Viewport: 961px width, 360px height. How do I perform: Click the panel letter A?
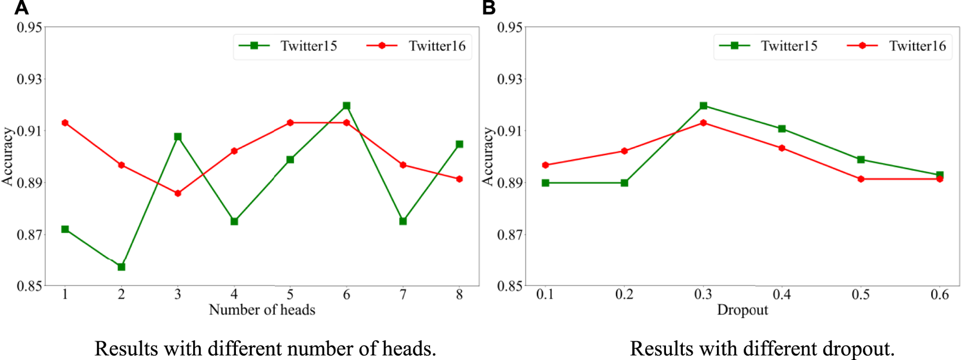[x=21, y=8]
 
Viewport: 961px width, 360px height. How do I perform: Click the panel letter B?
[x=489, y=8]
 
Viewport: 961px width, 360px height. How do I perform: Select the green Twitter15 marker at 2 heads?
[x=121, y=267]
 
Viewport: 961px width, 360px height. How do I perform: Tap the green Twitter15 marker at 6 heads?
[x=347, y=106]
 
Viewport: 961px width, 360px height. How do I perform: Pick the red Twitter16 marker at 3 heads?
[x=178, y=193]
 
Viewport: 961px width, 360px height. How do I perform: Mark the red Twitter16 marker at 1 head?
[x=65, y=123]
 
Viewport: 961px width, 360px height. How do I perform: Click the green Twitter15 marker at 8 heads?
[x=459, y=144]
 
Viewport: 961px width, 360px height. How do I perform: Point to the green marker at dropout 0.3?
[x=703, y=106]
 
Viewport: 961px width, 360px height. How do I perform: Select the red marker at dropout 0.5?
[x=861, y=179]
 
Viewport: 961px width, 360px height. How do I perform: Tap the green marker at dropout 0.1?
[x=546, y=183]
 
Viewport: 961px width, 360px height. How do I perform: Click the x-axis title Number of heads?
[x=262, y=310]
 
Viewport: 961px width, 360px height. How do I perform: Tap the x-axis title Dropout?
[x=742, y=310]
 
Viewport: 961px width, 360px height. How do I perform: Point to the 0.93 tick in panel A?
[x=29, y=79]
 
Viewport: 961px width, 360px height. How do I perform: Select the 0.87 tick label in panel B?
[x=510, y=235]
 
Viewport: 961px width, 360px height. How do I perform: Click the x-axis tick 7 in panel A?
[x=403, y=294]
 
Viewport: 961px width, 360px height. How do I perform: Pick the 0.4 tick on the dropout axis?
[x=781, y=294]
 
